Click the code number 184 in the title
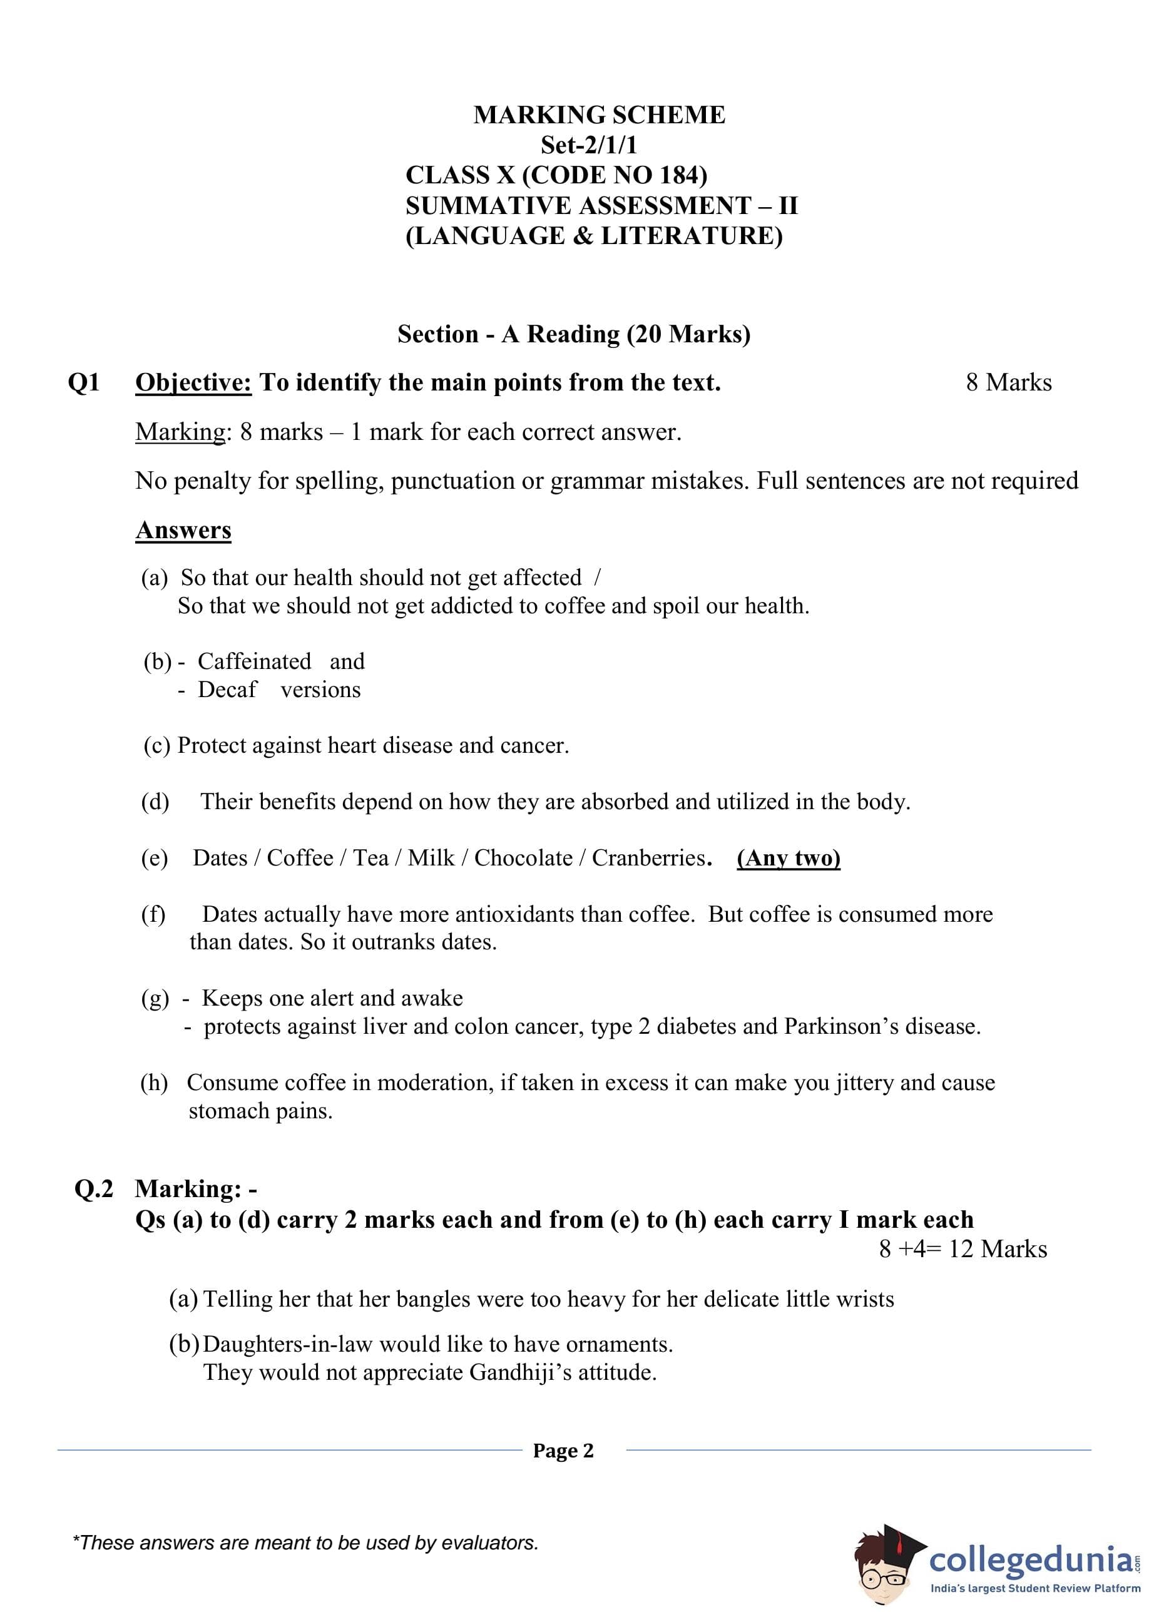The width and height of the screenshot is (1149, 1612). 679,175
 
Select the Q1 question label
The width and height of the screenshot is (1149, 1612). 83,383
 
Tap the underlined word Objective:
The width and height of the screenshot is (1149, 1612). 193,383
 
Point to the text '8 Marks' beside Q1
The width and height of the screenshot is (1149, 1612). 1008,383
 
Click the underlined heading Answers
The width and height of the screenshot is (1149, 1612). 183,530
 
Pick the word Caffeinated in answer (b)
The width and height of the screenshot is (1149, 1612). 254,661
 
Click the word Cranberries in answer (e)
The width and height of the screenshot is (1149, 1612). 649,858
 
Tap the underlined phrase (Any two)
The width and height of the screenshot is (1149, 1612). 788,858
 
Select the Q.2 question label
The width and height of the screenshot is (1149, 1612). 93,1189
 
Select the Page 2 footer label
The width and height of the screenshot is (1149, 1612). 563,1451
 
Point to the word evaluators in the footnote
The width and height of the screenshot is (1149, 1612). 489,1543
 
